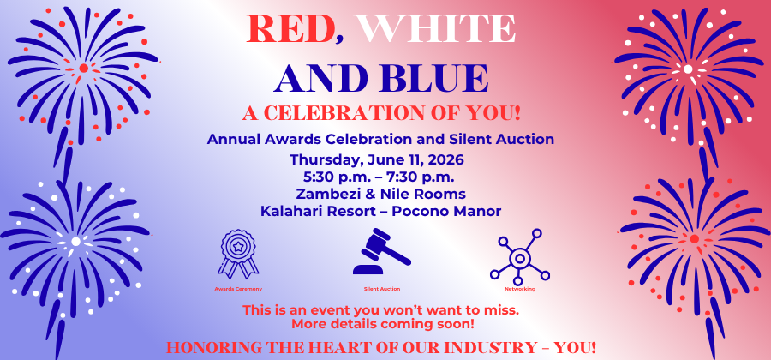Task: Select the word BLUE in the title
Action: (x=433, y=78)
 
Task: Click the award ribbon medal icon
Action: (x=238, y=254)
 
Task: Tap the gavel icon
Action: (x=381, y=251)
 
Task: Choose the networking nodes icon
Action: (x=520, y=256)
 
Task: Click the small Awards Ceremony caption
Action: (x=238, y=289)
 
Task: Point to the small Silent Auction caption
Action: (x=382, y=289)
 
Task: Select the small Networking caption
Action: (x=520, y=289)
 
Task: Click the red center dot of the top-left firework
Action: (x=84, y=68)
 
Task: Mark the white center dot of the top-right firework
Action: (x=688, y=69)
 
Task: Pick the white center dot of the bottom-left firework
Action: (x=75, y=242)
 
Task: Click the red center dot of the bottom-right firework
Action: (x=694, y=238)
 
